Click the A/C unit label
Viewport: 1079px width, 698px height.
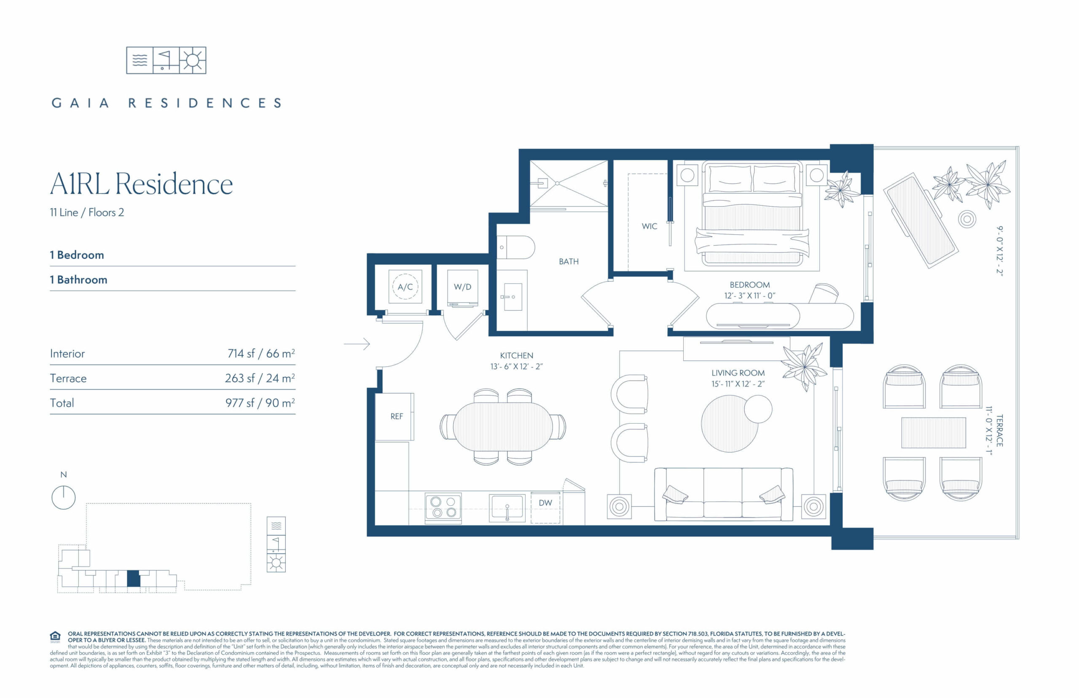405,287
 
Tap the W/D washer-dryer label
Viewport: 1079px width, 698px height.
462,287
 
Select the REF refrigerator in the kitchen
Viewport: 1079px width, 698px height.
394,416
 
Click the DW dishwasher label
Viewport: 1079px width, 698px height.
545,503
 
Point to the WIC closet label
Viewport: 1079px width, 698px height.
649,226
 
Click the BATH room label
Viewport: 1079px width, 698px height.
568,261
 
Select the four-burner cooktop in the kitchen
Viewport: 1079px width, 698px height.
443,507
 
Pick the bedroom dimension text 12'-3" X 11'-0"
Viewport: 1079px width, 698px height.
749,296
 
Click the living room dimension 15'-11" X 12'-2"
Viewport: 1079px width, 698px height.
738,384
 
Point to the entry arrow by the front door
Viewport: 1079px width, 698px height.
357,344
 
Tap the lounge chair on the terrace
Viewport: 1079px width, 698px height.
921,220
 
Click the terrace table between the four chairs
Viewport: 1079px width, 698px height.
934,433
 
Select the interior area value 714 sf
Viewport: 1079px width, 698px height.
241,354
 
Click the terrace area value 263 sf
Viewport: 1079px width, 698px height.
240,378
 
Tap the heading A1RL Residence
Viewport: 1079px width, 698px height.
141,184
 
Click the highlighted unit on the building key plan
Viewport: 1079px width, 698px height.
133,579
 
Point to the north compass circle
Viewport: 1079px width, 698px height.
64,498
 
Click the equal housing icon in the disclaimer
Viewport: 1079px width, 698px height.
55,637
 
